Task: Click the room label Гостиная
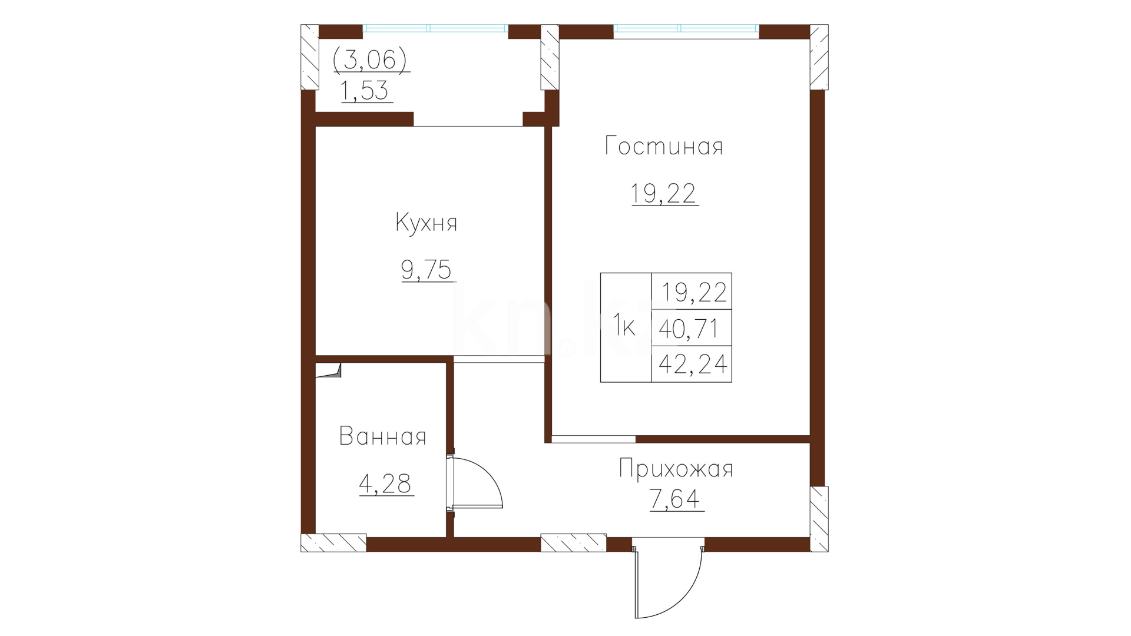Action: point(664,146)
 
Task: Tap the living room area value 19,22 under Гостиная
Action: point(664,193)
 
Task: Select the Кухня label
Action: point(426,223)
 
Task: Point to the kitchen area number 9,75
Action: point(426,270)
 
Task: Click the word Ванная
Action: point(383,436)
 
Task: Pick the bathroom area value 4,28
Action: point(385,483)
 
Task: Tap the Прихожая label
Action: point(676,469)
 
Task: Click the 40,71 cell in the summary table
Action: point(691,328)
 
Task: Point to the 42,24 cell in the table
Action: point(693,364)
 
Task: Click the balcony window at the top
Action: point(435,28)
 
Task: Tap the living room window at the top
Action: point(686,28)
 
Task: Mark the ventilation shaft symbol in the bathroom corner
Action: point(328,370)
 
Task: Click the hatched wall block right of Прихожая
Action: point(819,519)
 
